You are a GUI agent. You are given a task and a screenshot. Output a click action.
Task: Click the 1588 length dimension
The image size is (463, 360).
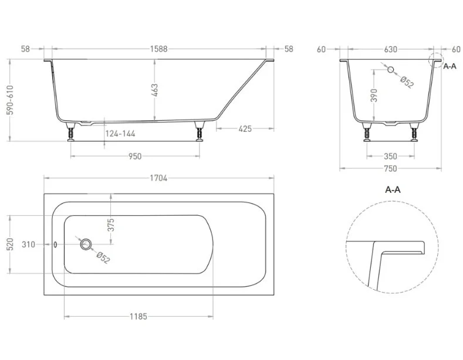pyautogui.click(x=159, y=49)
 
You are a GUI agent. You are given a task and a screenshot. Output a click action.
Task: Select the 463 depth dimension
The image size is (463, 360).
pyautogui.click(x=155, y=90)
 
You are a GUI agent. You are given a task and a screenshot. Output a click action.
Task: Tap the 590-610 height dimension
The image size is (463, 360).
pyautogui.click(x=10, y=100)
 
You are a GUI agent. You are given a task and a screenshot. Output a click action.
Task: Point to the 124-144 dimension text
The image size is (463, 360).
pyautogui.click(x=120, y=134)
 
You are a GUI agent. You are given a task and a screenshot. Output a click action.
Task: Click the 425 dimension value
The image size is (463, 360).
pyautogui.click(x=245, y=128)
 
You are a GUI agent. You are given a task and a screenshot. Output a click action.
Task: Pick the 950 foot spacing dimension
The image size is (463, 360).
pyautogui.click(x=135, y=156)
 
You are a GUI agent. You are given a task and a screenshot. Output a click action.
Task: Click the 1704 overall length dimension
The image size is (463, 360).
pyautogui.click(x=158, y=178)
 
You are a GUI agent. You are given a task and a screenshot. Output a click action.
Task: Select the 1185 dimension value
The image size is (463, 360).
pyautogui.click(x=138, y=317)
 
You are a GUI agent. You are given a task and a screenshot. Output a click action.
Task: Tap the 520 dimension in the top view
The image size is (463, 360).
pyautogui.click(x=10, y=244)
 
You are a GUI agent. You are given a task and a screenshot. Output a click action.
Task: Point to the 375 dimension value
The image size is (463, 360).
pyautogui.click(x=110, y=225)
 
